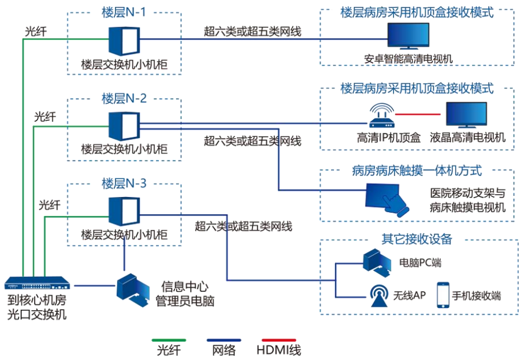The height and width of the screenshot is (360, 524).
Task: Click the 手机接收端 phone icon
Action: coord(443,295)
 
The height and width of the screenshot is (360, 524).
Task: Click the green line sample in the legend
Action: coord(172,340)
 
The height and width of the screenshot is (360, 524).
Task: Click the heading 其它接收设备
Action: coord(417,239)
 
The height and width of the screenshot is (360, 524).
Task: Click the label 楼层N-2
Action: coord(124,98)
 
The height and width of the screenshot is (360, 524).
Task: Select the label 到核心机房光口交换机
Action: coord(37,307)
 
